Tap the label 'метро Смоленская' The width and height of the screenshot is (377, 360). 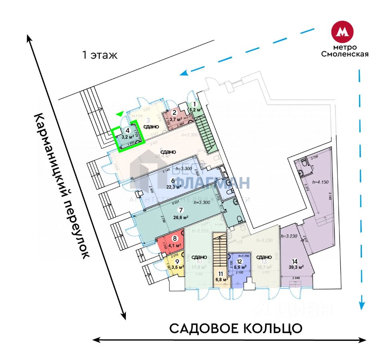point(345,51)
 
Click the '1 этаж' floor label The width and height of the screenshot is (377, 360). point(100,55)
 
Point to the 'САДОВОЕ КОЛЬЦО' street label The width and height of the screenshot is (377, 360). point(236,328)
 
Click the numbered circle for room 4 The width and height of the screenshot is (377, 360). point(128,130)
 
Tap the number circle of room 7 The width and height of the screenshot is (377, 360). point(181,210)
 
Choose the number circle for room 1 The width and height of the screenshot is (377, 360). point(195,104)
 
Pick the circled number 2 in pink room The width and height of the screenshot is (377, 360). point(174,112)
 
